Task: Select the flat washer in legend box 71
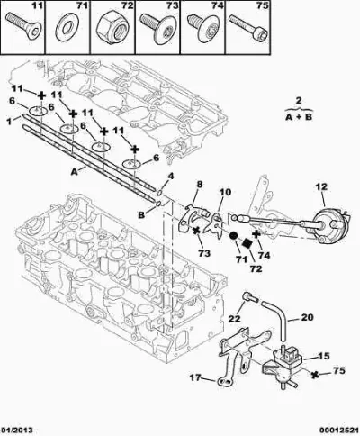(67, 28)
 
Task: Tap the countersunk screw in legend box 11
(22, 25)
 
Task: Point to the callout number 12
(321, 187)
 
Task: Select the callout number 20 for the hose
(307, 317)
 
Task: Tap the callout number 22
(234, 319)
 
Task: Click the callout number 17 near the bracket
(196, 377)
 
